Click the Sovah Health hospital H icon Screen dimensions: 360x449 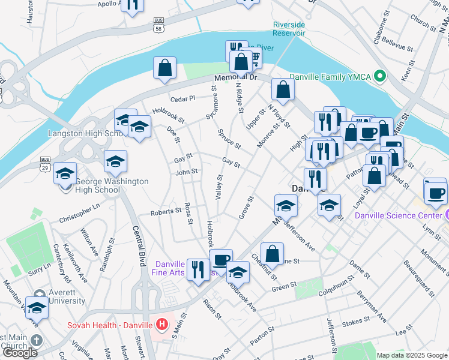click(x=161, y=325)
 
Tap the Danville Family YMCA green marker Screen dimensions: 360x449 click(x=379, y=76)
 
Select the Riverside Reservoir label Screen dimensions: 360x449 click(x=289, y=29)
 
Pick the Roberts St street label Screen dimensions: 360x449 click(x=166, y=212)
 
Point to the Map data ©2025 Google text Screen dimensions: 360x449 click(x=412, y=355)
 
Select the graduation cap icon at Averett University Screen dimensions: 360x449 click(x=37, y=308)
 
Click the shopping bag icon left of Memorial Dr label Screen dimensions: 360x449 click(x=164, y=68)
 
